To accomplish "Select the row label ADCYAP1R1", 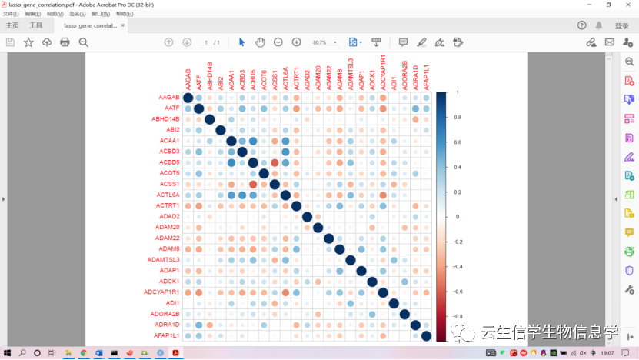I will point(161,292).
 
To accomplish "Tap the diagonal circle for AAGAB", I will point(188,98).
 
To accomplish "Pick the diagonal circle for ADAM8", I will point(340,249).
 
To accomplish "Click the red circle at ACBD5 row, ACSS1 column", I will point(275,162).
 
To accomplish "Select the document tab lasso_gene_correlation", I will point(90,25).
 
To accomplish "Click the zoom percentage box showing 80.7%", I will point(319,42).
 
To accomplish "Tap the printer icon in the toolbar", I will point(65,42).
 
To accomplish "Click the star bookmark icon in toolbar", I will point(28,42).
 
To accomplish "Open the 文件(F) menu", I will point(11,14).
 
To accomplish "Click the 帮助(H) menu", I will point(125,14).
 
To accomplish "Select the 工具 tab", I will point(36,25).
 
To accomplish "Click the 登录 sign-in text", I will point(621,25).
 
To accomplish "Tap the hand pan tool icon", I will point(260,42).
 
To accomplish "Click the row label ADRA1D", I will point(167,325).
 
